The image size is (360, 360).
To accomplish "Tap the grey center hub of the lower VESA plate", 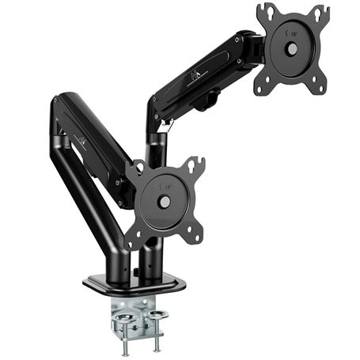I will tap(165, 201).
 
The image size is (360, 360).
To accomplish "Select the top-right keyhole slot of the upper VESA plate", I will tap(320, 15).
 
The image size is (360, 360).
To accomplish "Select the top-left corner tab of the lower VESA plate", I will tap(135, 169).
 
